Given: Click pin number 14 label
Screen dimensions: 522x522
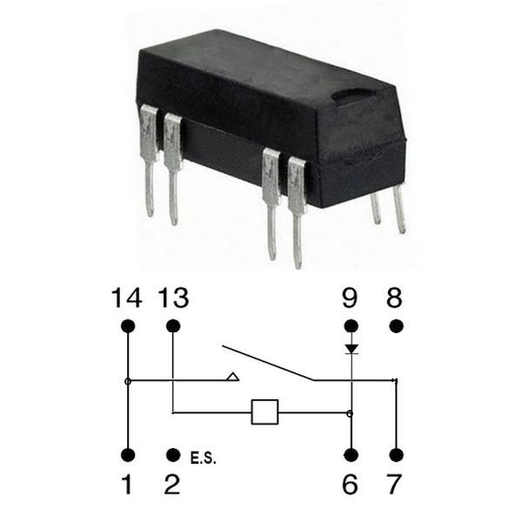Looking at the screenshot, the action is pos(126,298).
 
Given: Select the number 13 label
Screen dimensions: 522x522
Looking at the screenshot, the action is pos(173,298).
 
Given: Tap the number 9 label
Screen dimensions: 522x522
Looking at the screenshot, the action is pos(350,298).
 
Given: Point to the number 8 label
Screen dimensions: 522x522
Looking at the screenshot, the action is pos(394,298).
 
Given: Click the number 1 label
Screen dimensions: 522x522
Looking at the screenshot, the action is pos(127,484).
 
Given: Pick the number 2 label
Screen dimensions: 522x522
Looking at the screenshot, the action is pos(172,484).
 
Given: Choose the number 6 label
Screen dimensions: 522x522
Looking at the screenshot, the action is pos(351,484).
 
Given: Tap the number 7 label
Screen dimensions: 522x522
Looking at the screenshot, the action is pos(394,484).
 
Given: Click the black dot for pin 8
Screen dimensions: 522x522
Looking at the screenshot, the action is pos(396,326).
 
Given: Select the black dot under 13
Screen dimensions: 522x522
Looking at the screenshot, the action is pos(173,326).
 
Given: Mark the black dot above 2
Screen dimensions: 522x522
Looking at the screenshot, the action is pos(173,455).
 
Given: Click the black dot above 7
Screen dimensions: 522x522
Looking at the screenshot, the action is pos(396,455).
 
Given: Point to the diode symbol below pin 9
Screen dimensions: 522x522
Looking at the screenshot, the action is pos(351,349).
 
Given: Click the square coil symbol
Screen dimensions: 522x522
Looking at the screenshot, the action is pos(264,412).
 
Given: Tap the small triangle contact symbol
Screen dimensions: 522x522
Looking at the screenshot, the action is pos(232,377).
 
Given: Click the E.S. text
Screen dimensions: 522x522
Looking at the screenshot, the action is pos(203,458).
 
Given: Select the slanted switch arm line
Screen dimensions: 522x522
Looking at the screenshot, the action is pos(268,363).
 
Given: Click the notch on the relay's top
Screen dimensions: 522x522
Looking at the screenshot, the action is pos(352,95).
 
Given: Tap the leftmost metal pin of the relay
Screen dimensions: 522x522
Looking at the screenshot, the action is pos(150,160).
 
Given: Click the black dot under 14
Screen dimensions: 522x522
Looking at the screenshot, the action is pos(128,326).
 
